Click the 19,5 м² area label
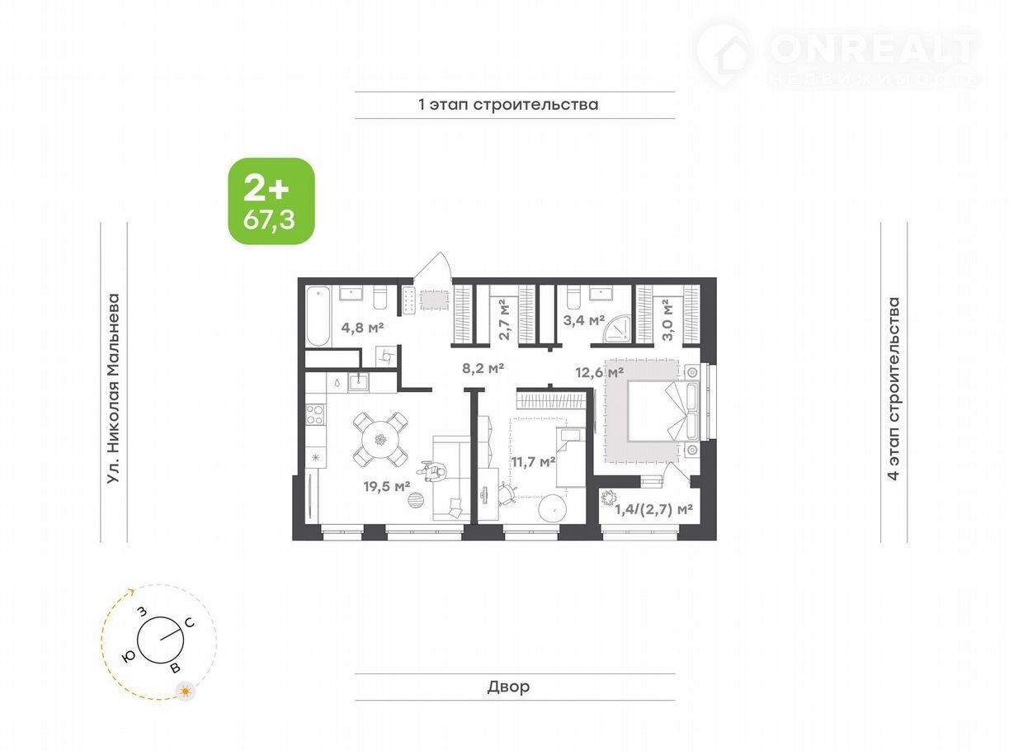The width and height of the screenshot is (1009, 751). point(387,487)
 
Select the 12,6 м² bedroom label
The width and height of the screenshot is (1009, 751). point(599,373)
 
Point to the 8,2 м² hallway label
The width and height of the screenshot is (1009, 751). point(483,368)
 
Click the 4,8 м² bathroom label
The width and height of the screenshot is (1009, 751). point(362,328)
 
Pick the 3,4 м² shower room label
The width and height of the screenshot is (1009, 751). point(584,320)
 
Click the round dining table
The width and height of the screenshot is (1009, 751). point(380,439)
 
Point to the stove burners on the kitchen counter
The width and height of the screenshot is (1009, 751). point(315,414)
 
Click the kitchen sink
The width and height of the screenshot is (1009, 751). point(359,382)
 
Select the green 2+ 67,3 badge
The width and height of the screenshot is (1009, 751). point(271,201)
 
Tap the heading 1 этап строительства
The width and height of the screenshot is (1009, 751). point(508,105)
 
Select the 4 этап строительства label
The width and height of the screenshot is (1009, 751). point(893,389)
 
